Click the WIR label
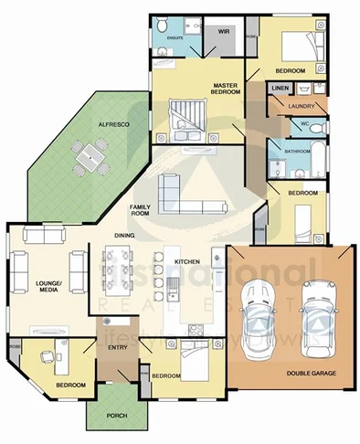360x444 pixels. [x=222, y=32]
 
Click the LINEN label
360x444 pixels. [x=280, y=89]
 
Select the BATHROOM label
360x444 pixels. [x=298, y=151]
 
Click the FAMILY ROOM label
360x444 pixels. [x=140, y=211]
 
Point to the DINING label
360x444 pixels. [x=124, y=236]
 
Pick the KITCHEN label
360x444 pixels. [x=187, y=262]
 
